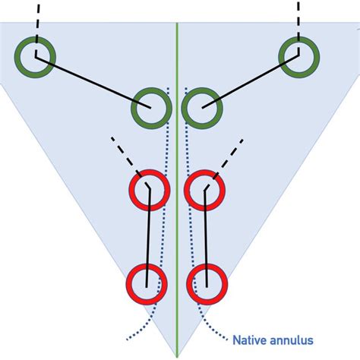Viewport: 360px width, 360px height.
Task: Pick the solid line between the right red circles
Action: point(205,235)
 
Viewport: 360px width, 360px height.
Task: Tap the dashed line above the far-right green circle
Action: point(298,19)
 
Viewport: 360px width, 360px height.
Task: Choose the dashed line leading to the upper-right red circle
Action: point(228,156)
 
